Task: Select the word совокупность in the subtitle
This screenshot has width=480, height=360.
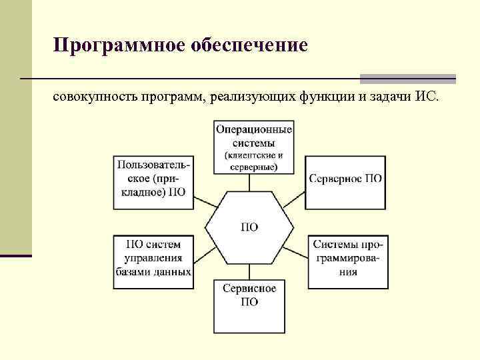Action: (94, 98)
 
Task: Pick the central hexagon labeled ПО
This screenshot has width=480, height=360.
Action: (249, 227)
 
